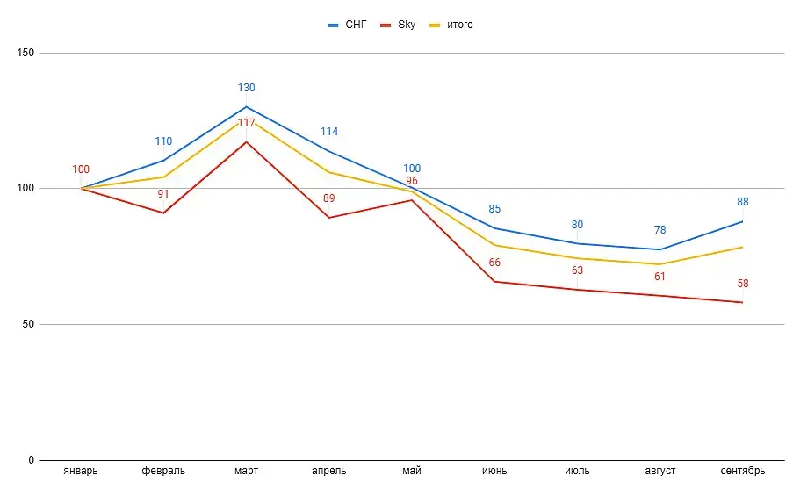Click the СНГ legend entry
click(x=350, y=25)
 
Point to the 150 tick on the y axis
click(x=25, y=53)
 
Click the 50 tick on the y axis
click(x=28, y=324)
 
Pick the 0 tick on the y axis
click(x=31, y=460)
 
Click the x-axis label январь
click(x=81, y=472)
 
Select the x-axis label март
click(x=246, y=472)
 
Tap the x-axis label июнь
click(x=494, y=472)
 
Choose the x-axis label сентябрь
click(x=743, y=472)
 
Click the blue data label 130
click(x=246, y=88)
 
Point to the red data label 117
click(x=246, y=123)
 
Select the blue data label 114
click(x=329, y=132)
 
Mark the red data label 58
click(x=743, y=284)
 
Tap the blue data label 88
click(x=743, y=202)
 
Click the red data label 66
click(x=494, y=263)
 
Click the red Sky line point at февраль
click(x=163, y=213)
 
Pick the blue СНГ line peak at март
click(x=246, y=107)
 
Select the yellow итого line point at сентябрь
click(x=743, y=247)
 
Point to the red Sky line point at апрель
click(x=329, y=218)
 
